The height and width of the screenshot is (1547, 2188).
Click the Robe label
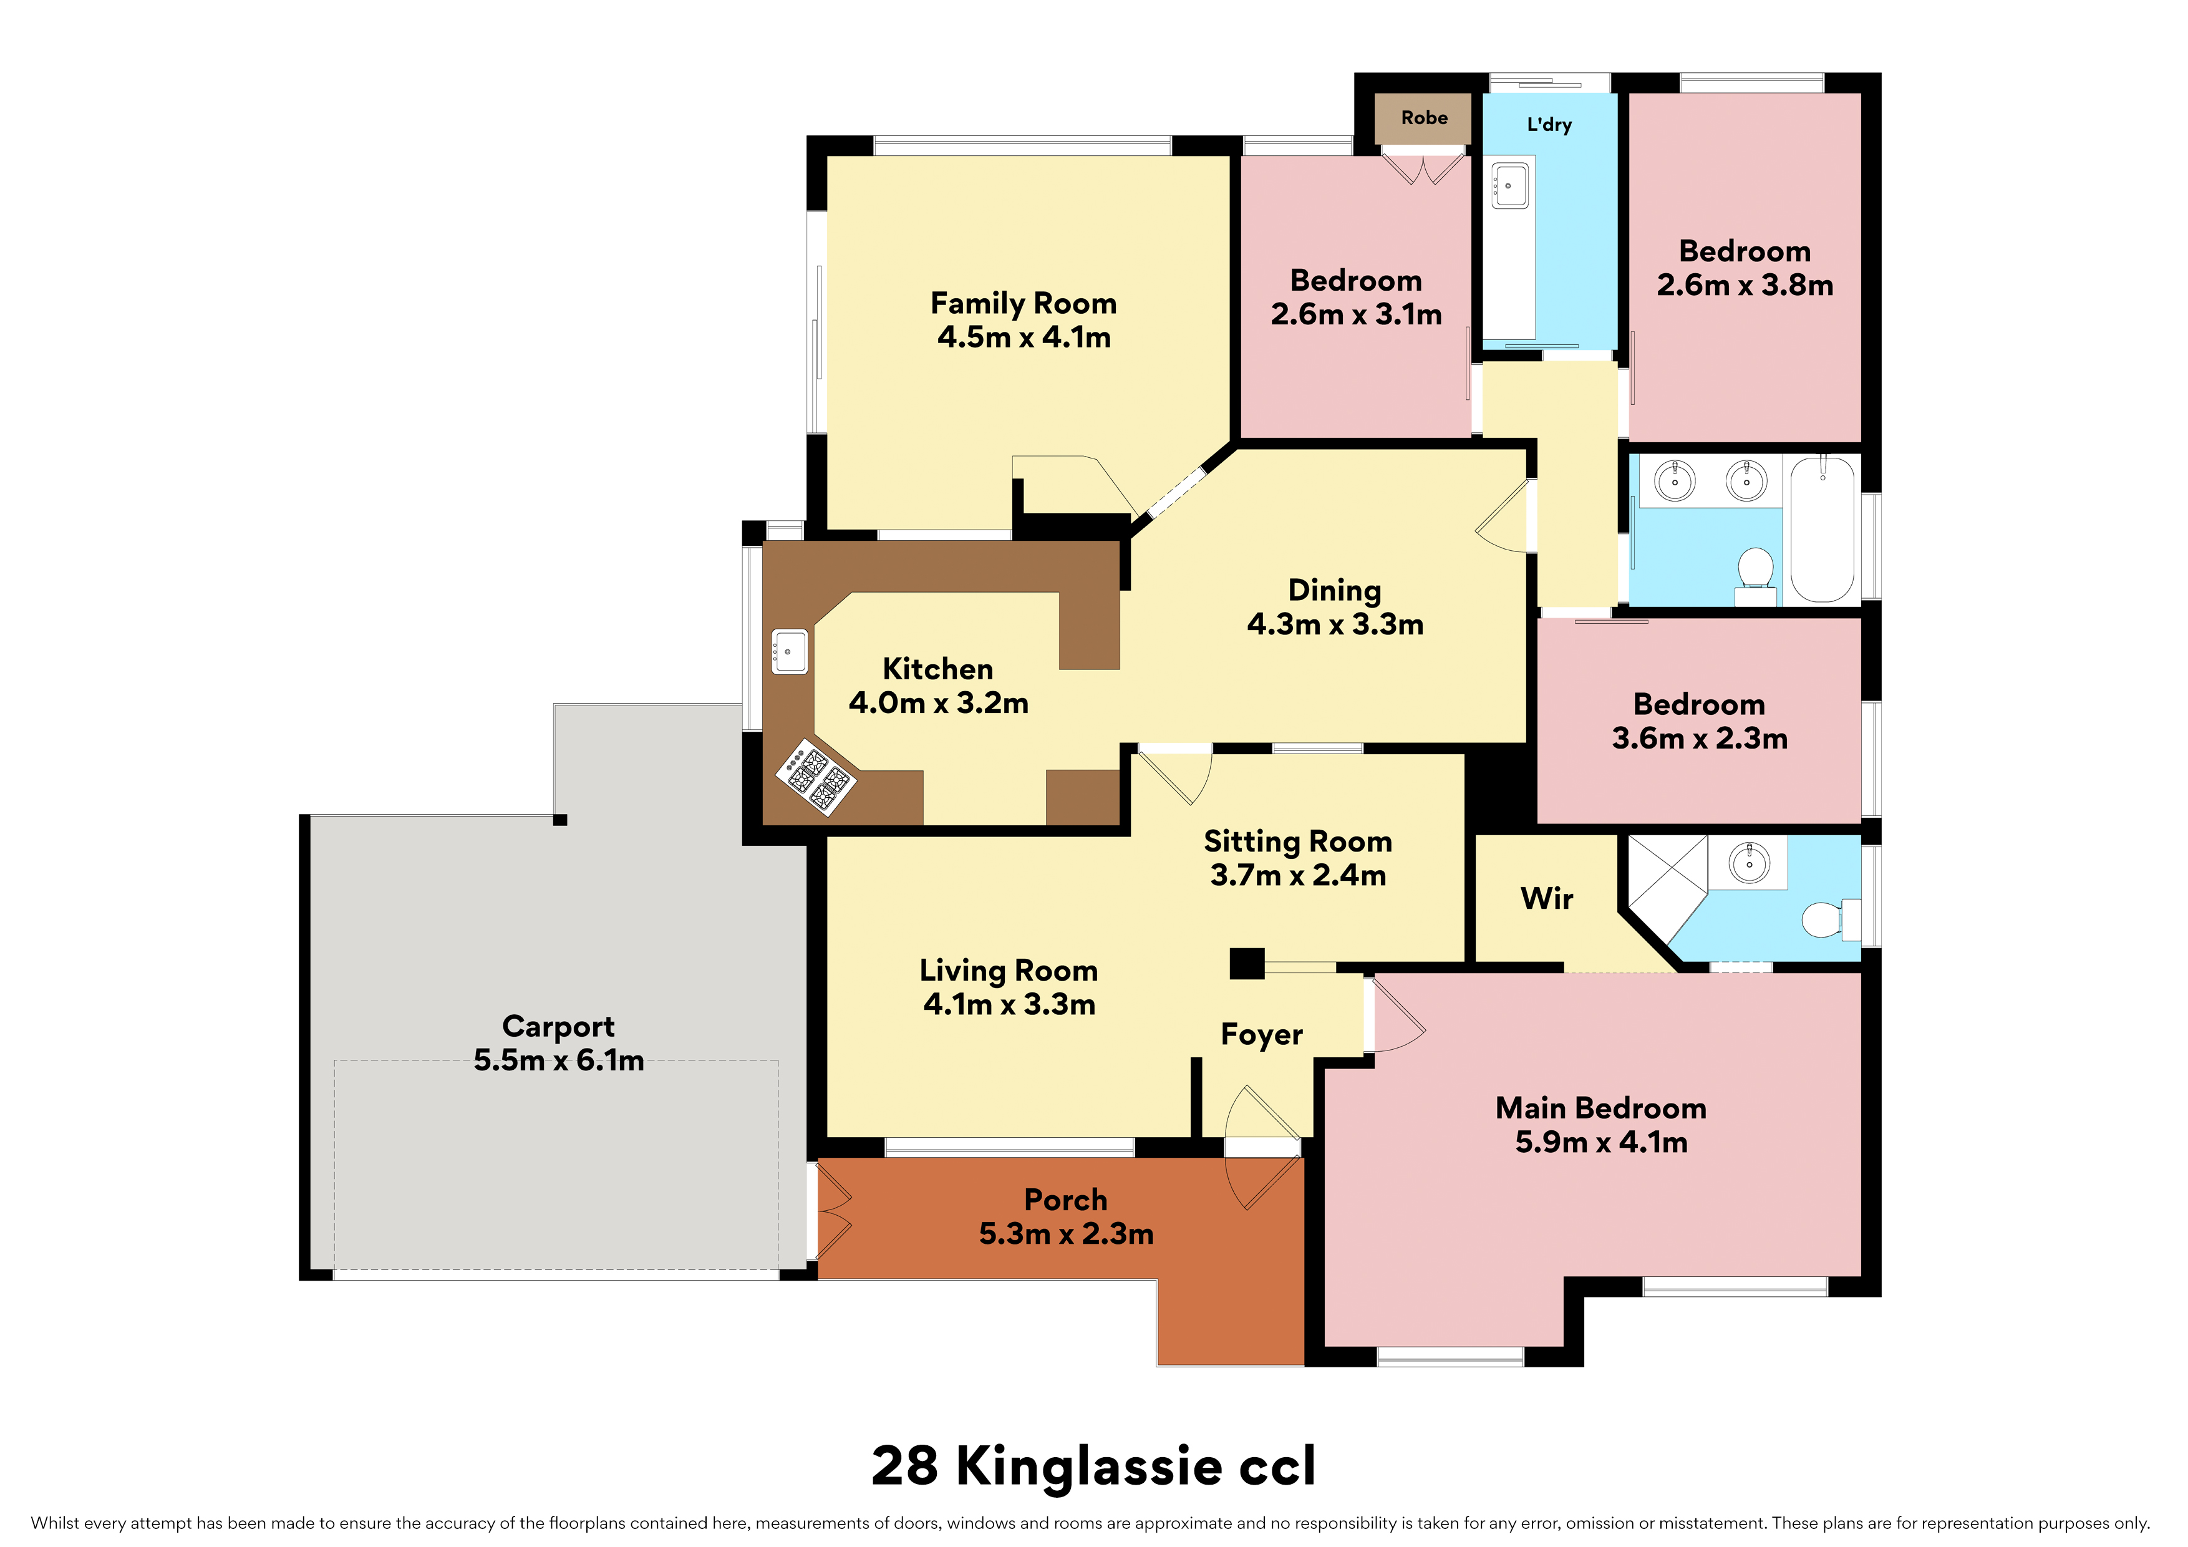coord(1424,118)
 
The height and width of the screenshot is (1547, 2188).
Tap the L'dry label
coord(1549,125)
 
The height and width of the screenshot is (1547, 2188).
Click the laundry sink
coord(1509,185)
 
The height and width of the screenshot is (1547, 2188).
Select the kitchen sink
coord(789,652)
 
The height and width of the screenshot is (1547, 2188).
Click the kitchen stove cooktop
coord(816,776)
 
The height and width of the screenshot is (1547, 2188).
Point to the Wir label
coord(1547,898)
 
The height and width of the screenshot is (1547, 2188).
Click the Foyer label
coord(1262,1034)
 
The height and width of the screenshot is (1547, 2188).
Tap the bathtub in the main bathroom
coord(1822,530)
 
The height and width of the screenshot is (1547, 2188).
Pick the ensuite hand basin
coord(1750,863)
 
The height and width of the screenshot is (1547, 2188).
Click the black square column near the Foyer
coord(1246,964)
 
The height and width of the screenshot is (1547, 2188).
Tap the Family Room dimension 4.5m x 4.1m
coord(1024,337)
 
